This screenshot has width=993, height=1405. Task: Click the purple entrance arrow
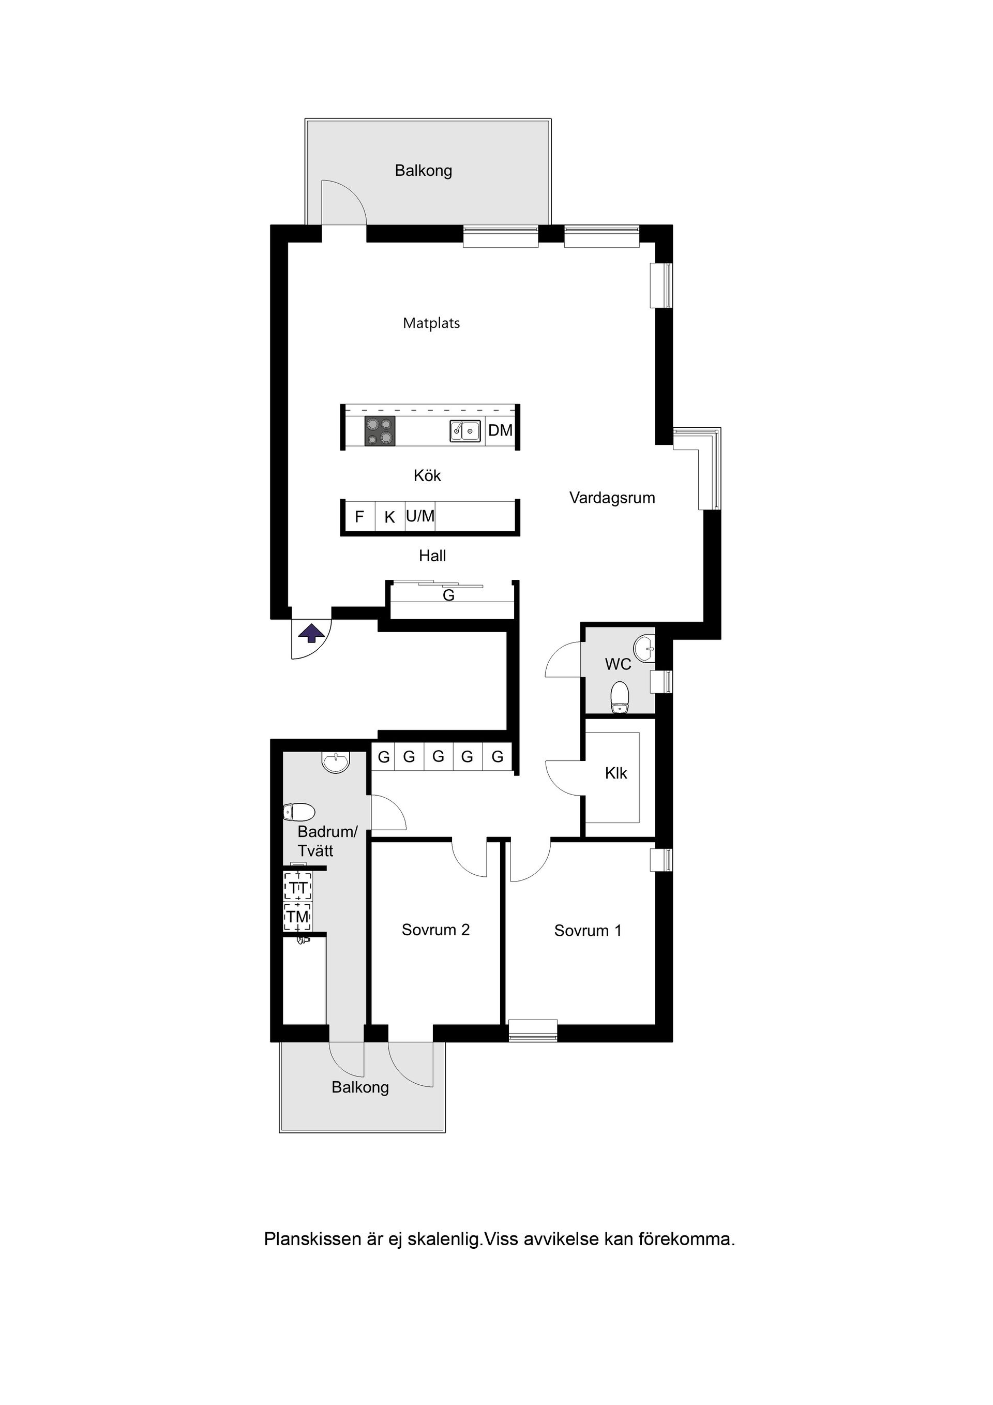click(x=311, y=633)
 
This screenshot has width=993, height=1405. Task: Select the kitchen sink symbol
click(x=465, y=430)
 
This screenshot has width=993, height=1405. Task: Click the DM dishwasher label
click(x=500, y=430)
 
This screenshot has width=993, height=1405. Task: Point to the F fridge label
click(x=359, y=517)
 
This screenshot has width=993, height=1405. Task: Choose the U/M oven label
click(x=420, y=516)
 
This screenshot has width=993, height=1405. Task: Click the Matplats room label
click(x=431, y=323)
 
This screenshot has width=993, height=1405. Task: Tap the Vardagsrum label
click(x=612, y=498)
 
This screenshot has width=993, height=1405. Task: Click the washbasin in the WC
click(x=644, y=648)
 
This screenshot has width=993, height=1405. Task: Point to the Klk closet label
click(x=615, y=773)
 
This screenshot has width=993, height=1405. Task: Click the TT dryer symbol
click(x=298, y=887)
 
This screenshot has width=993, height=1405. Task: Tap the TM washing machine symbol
click(x=298, y=917)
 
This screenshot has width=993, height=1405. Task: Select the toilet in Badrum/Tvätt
click(x=298, y=812)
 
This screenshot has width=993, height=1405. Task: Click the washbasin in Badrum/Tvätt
click(x=335, y=762)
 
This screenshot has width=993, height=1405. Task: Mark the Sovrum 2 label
click(x=435, y=930)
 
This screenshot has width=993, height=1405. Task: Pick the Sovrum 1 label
click(x=588, y=931)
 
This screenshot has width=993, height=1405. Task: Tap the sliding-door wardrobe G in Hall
click(x=448, y=595)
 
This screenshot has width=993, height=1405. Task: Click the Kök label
click(x=427, y=475)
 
